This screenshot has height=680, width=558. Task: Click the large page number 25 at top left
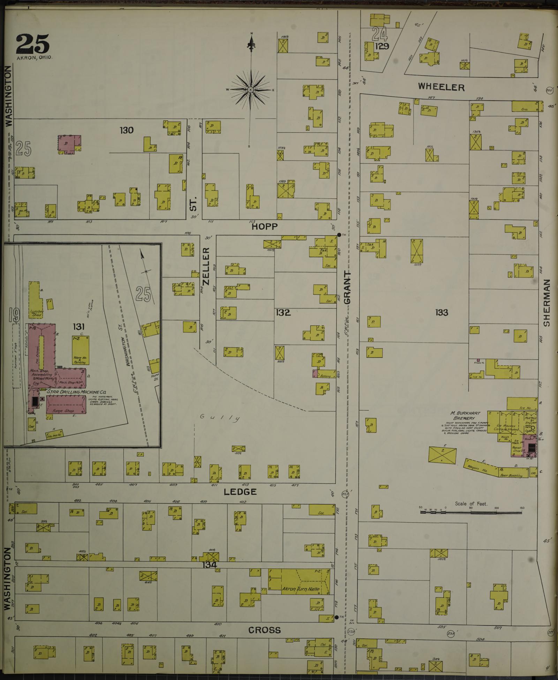tap(32, 43)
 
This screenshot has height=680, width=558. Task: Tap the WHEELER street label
tap(441, 87)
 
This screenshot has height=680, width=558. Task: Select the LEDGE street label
tap(240, 492)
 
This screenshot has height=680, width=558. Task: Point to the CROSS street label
tap(264, 630)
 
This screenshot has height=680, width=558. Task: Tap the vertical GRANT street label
tap(348, 287)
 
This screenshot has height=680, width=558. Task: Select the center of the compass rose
tap(250, 90)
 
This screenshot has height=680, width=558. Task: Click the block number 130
tap(126, 130)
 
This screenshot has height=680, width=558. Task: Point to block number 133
tap(441, 312)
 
